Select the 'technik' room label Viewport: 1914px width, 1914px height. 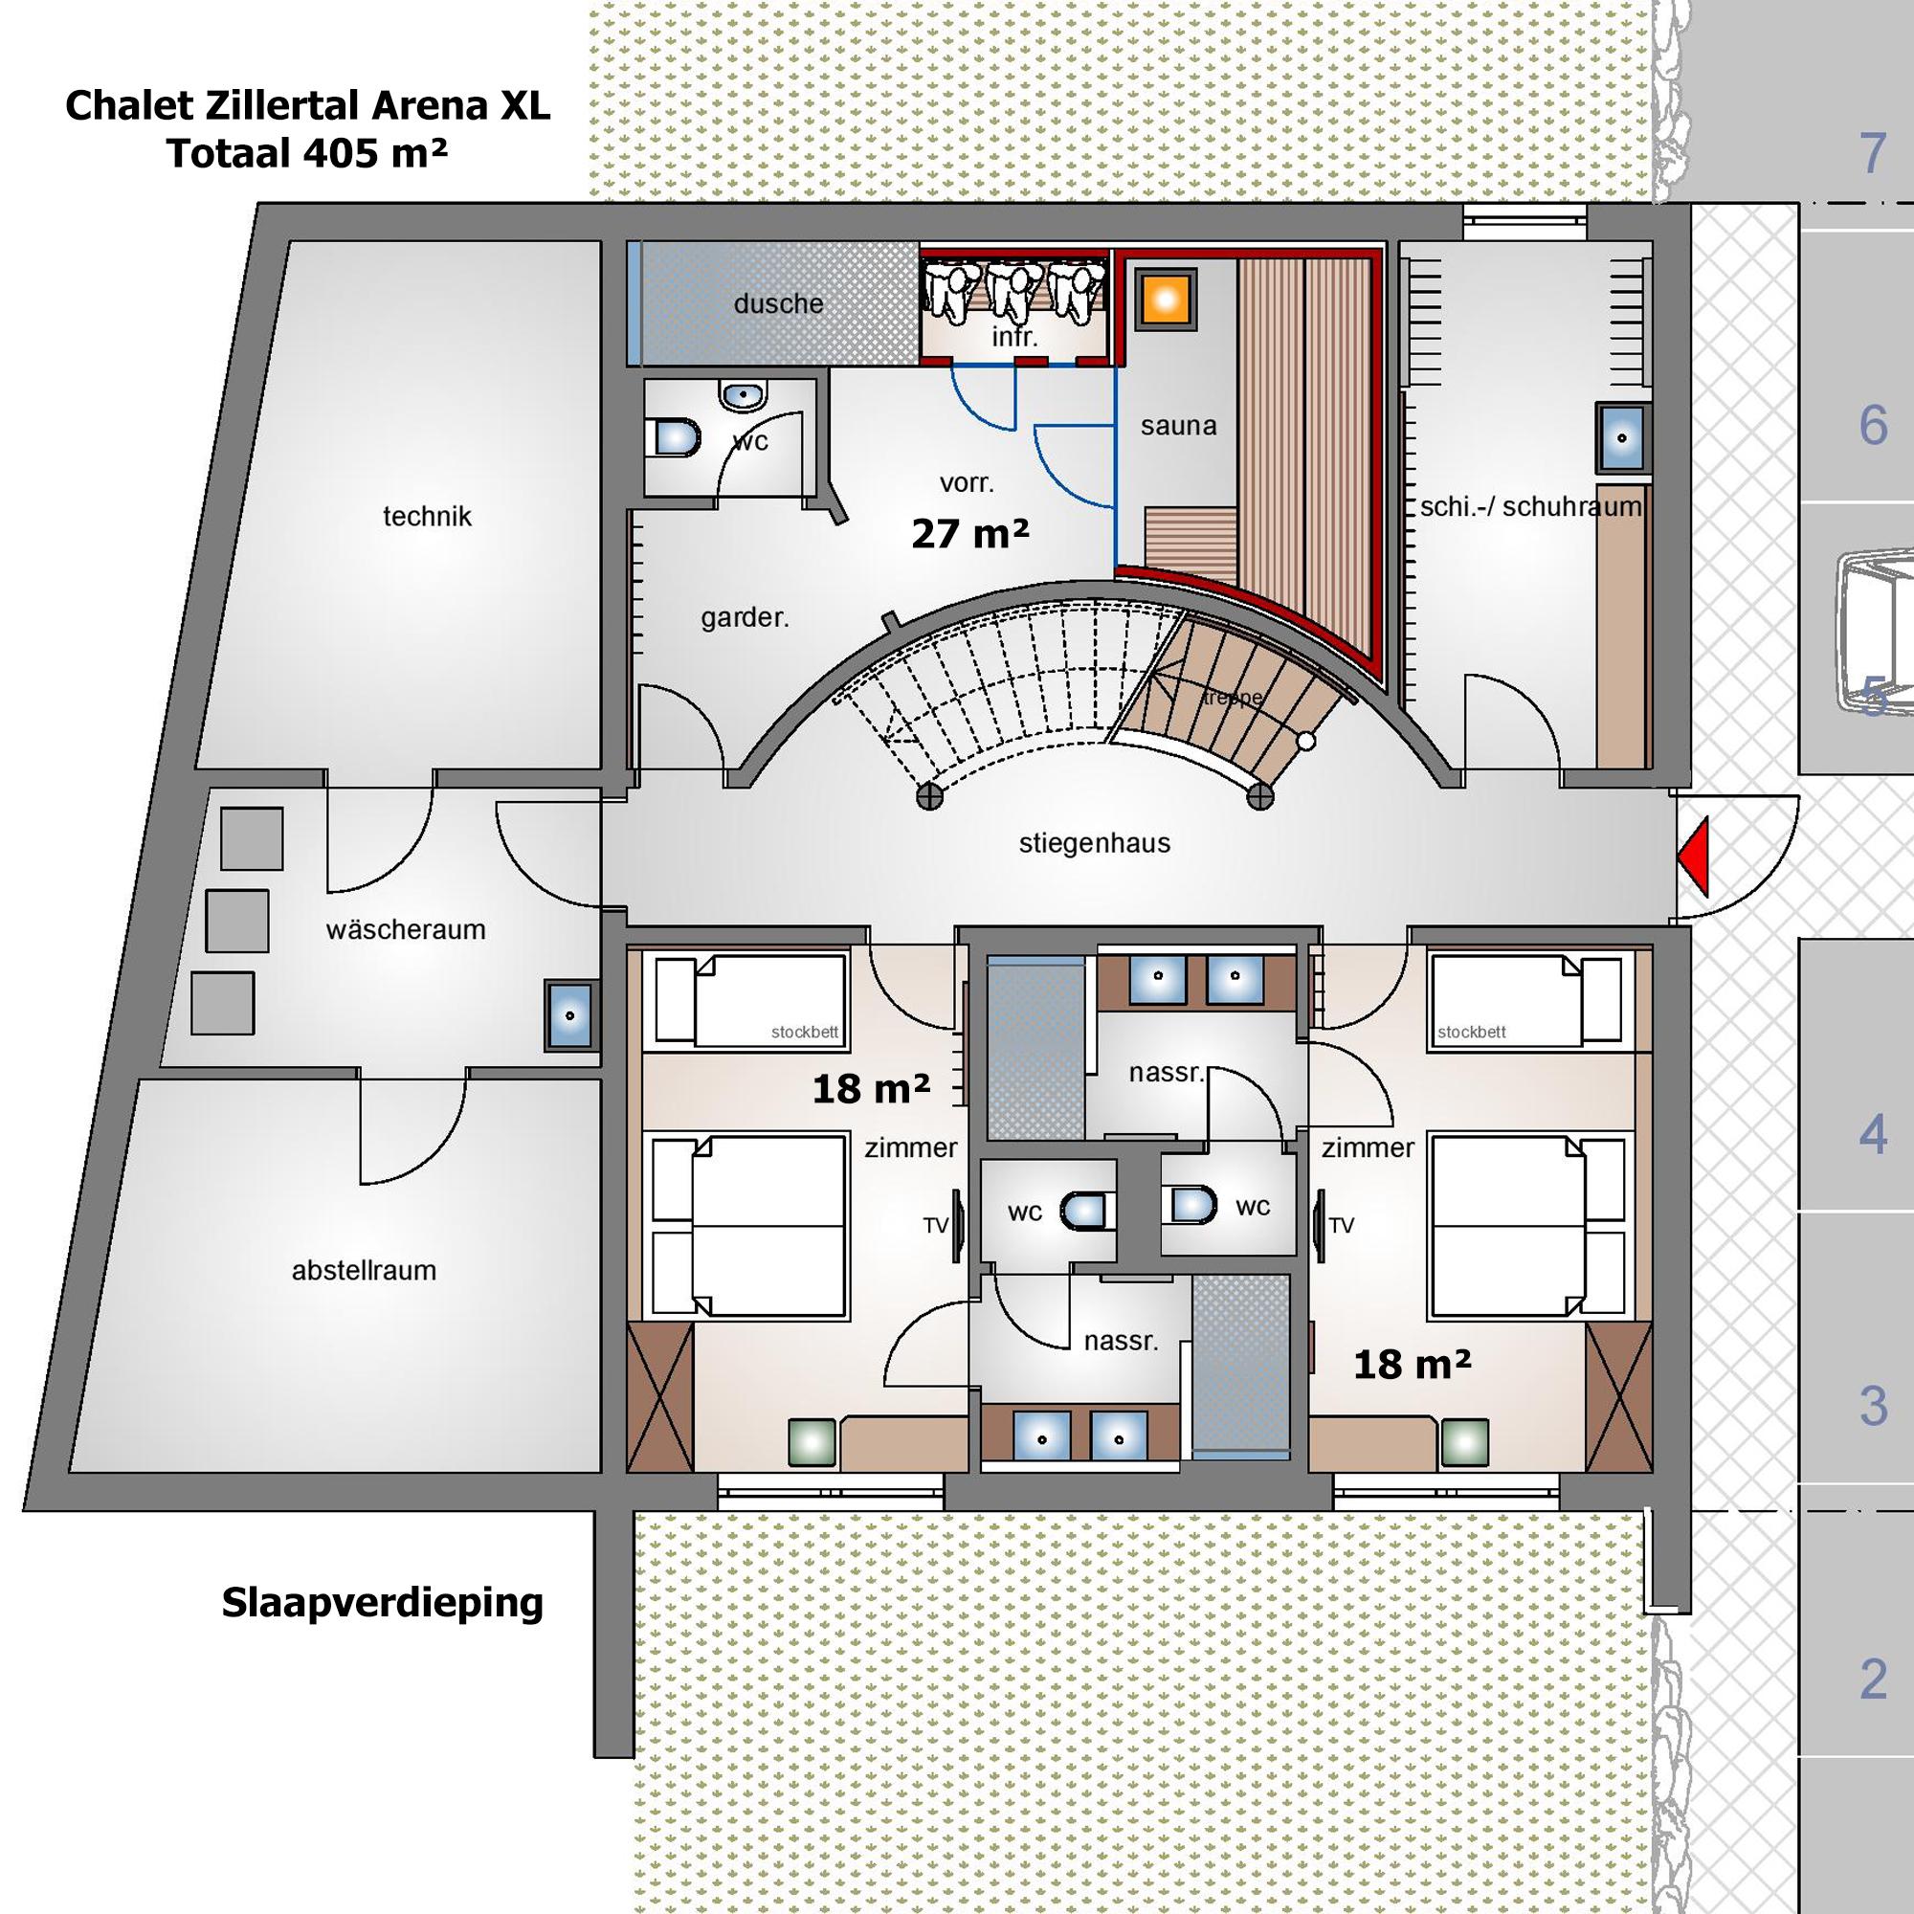point(427,516)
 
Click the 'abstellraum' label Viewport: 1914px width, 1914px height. point(364,1270)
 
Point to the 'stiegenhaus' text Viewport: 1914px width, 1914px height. point(1094,843)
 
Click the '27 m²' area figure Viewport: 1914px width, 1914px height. point(969,534)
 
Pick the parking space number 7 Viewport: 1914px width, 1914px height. point(1871,153)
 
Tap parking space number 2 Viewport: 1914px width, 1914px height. point(1871,1680)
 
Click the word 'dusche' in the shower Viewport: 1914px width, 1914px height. point(778,303)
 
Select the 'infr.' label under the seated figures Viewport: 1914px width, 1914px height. point(1014,338)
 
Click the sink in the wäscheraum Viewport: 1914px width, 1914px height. point(569,1015)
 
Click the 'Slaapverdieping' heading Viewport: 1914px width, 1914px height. point(383,1602)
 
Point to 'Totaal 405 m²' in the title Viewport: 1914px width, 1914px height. point(307,153)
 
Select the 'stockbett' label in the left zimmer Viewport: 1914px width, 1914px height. point(804,1032)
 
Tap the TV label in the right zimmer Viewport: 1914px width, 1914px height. point(1342,1226)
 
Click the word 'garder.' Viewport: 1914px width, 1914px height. point(744,618)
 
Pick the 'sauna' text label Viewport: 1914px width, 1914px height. point(1178,426)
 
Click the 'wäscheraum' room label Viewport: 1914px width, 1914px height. point(405,929)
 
